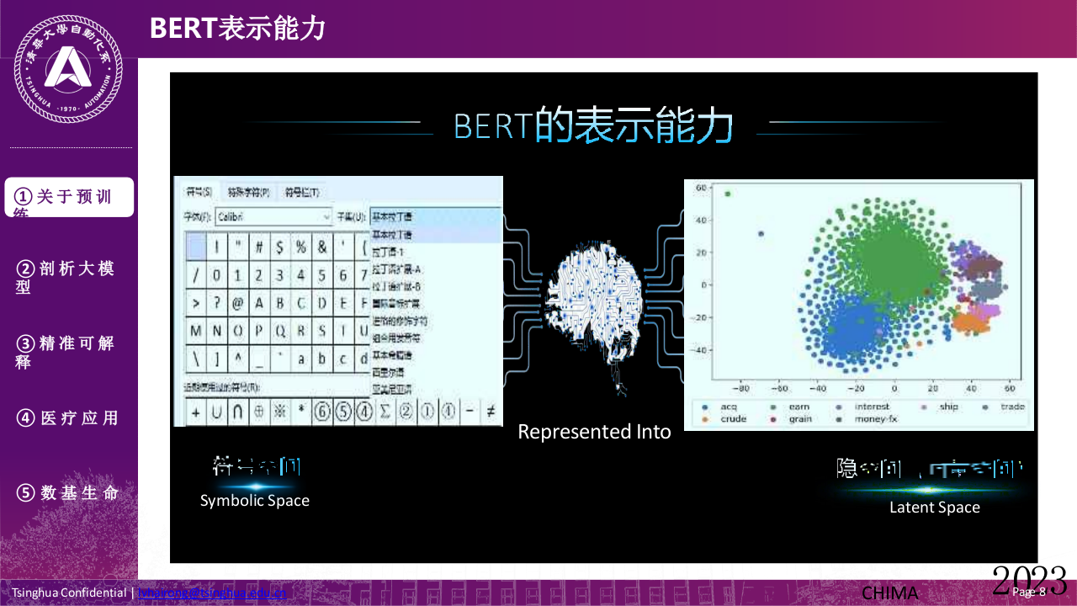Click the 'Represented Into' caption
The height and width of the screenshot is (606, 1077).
click(594, 432)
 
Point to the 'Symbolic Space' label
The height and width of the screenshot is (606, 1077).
click(255, 500)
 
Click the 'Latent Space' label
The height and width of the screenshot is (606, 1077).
click(934, 507)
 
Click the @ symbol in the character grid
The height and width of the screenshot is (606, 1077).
click(238, 303)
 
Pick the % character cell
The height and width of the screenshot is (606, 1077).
click(300, 247)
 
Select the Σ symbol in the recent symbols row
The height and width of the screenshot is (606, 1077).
click(385, 412)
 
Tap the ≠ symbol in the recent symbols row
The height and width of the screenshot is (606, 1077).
click(491, 412)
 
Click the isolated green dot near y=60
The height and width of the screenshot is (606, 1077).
click(728, 194)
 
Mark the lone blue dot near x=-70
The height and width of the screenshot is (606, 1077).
click(761, 234)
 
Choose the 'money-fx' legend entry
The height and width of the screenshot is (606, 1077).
click(875, 419)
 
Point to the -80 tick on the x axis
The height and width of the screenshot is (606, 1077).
click(742, 390)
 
